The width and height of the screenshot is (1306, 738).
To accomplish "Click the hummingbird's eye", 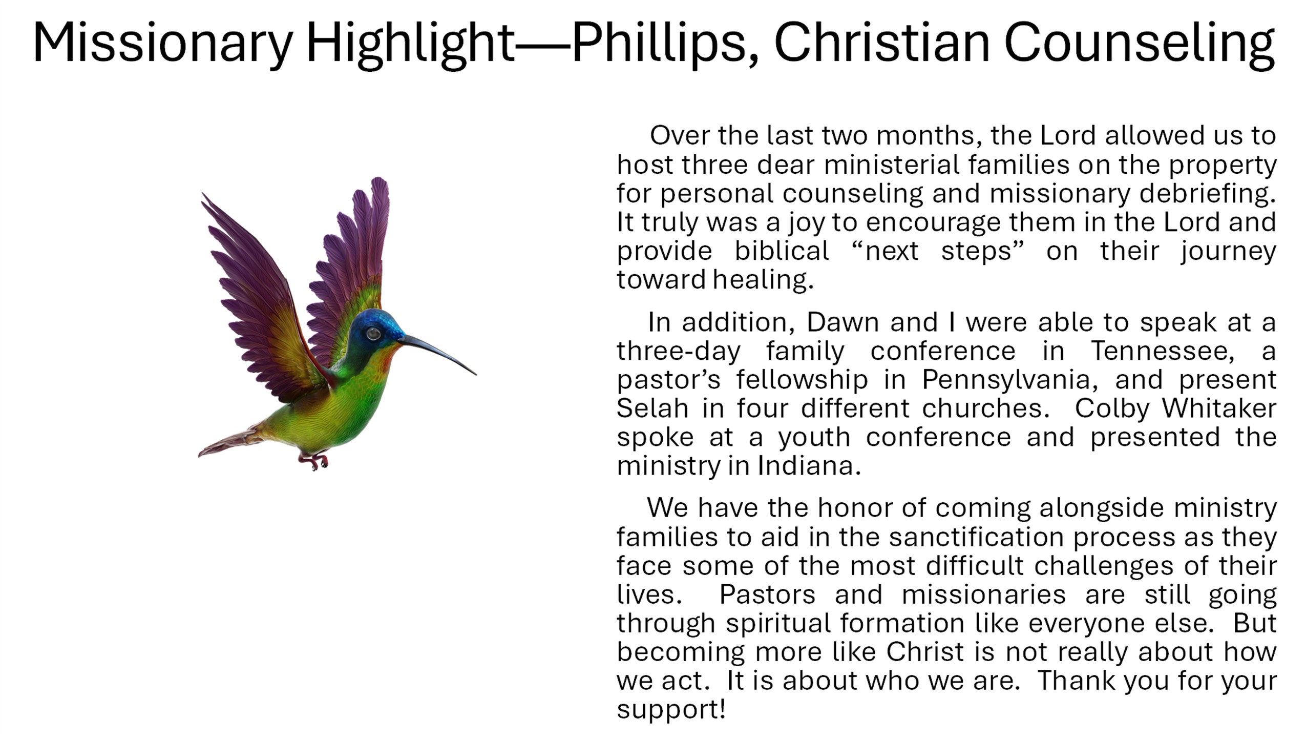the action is coord(373,334).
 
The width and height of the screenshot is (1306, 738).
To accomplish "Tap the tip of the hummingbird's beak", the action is coord(476,374).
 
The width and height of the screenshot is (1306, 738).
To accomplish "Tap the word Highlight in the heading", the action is coord(410,43).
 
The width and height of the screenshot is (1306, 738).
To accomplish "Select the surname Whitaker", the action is coord(1219,408).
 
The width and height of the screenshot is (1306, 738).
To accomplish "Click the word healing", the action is coord(763,280).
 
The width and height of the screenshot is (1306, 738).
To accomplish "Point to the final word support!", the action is coord(671,710).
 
